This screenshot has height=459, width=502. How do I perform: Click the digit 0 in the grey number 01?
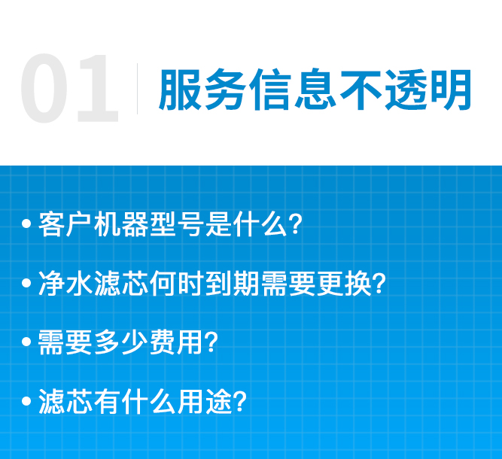[44, 88]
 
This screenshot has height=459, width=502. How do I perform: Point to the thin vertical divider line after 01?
[137, 89]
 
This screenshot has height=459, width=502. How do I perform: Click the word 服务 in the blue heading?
[202, 90]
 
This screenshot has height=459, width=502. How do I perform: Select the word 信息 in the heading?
[293, 90]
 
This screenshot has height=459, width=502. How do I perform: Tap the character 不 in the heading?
[361, 90]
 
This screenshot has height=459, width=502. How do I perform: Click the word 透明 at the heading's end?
[427, 90]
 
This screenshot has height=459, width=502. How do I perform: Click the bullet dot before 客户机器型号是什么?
[26, 223]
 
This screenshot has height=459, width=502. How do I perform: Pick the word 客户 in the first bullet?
[65, 224]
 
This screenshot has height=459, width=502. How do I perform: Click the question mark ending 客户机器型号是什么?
[295, 224]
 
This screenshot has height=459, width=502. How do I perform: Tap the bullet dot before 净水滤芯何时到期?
[26, 283]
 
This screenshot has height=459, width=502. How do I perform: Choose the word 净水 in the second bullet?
[65, 284]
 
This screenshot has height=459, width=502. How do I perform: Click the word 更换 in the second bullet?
[343, 284]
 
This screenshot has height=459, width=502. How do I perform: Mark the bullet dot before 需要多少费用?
[26, 342]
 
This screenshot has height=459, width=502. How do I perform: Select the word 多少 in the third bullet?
[121, 342]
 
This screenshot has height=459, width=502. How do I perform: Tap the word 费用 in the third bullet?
[177, 342]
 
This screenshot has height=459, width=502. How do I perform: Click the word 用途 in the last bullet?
[204, 401]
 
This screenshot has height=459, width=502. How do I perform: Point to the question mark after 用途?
[240, 401]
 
